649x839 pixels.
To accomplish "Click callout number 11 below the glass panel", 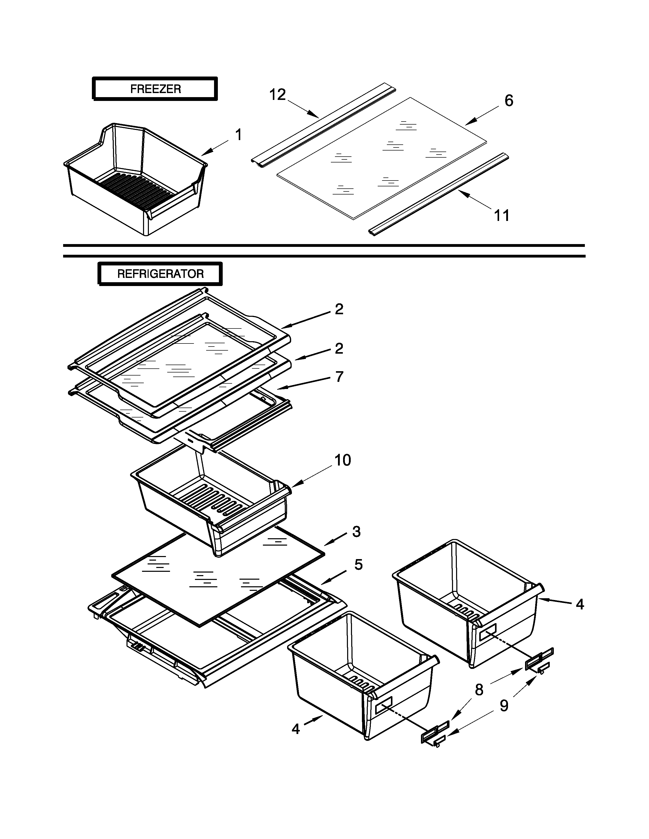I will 501,216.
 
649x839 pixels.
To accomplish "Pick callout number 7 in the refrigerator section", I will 339,377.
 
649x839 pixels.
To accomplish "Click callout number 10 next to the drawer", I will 343,460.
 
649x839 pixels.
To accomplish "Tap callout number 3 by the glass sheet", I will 356,532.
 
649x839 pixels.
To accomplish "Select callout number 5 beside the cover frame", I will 358,565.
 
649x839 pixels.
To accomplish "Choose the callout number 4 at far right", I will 580,604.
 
